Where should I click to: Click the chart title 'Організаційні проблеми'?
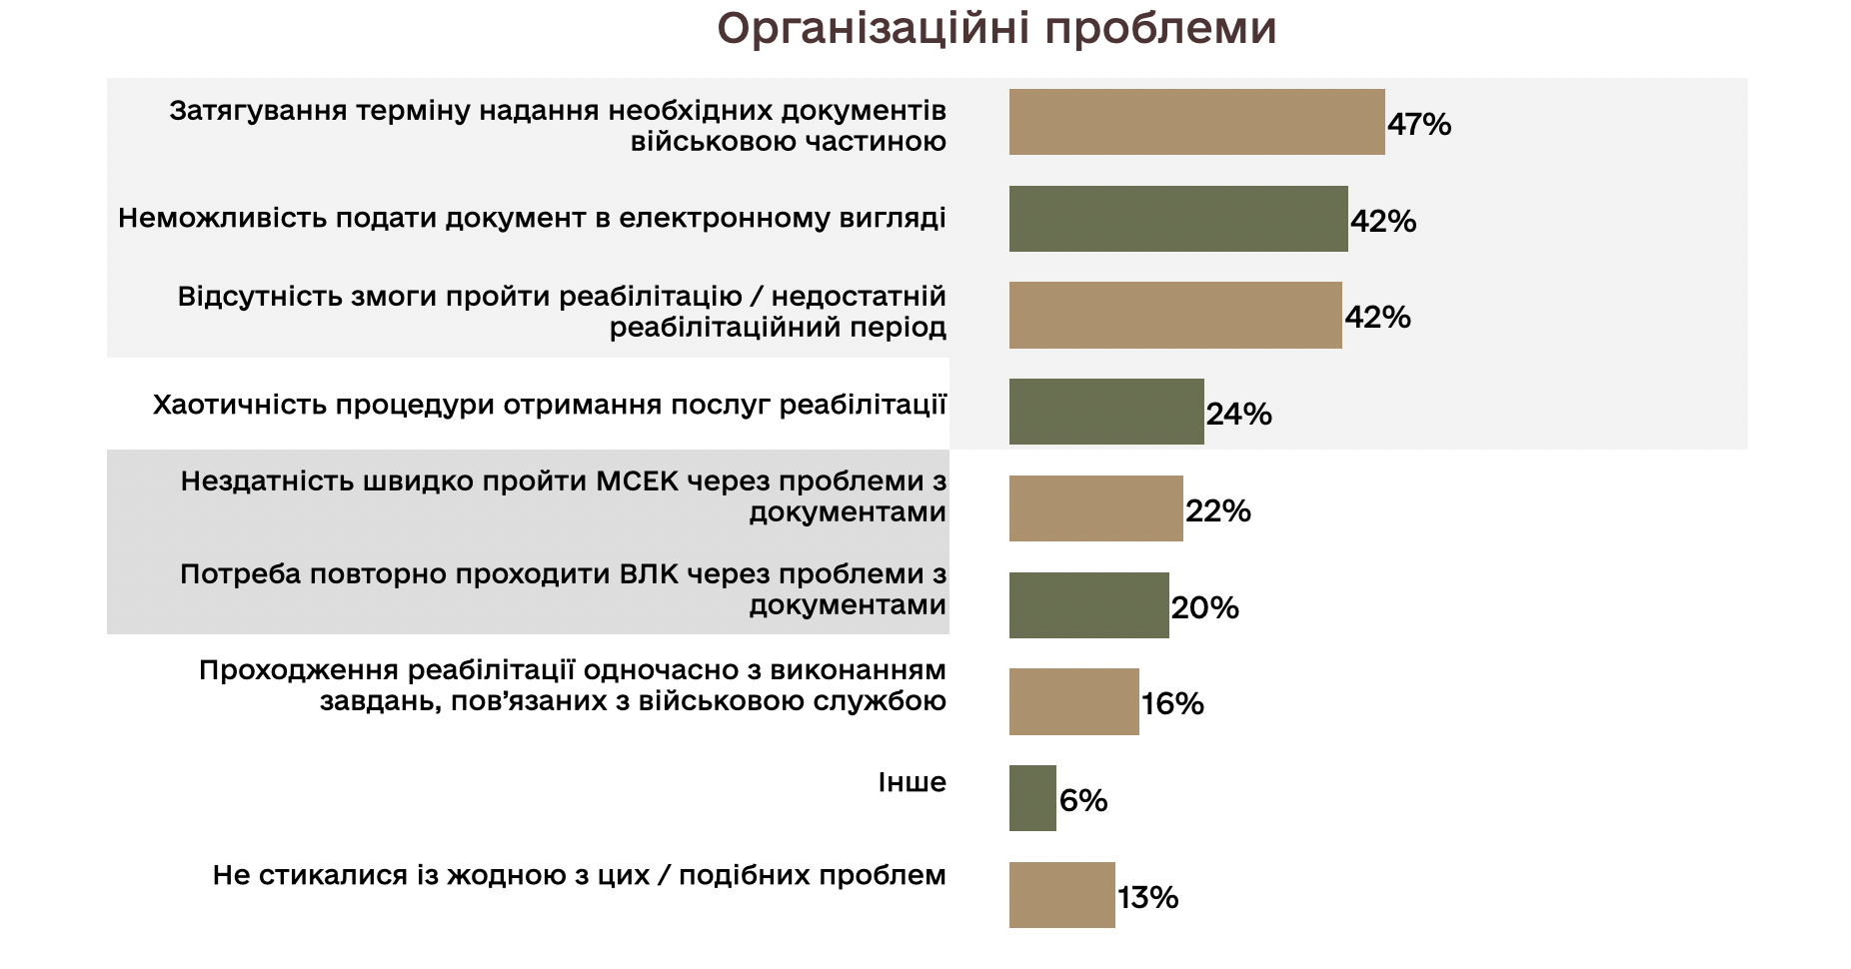point(996,29)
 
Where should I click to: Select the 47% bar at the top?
point(1196,122)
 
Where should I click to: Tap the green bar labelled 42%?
point(1177,219)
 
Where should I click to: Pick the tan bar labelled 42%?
point(1174,316)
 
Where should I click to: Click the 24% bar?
point(1105,412)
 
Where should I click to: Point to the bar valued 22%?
point(1095,508)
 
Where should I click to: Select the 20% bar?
point(1088,605)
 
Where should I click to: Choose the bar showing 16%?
point(1073,702)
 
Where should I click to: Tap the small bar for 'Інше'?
point(1032,798)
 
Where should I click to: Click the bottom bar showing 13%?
point(1061,895)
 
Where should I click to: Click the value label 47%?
point(1419,125)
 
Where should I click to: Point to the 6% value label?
point(1083,801)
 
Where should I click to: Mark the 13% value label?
point(1148,898)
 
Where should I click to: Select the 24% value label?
point(1239,415)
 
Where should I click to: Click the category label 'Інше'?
point(912,782)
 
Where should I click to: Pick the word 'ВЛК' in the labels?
point(649,574)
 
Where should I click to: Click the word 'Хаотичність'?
point(240,405)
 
